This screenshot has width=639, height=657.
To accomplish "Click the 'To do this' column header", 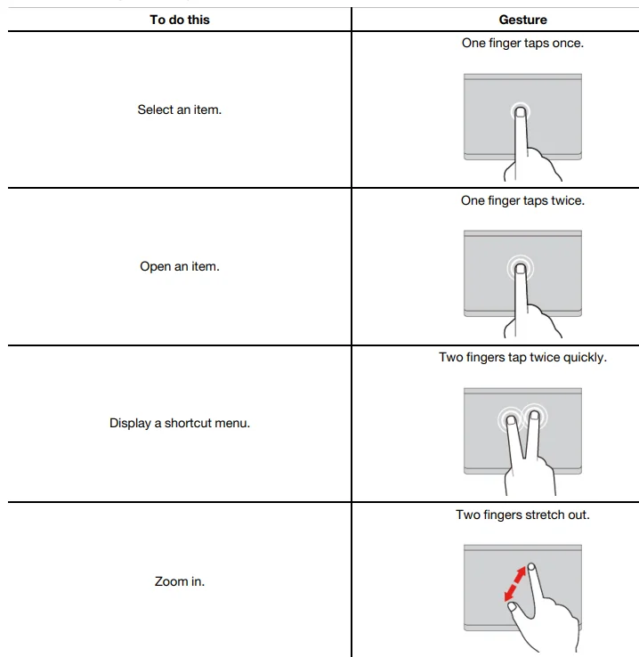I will tap(180, 20).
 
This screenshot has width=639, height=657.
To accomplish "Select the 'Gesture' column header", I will tap(522, 20).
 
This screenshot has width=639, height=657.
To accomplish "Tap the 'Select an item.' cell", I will tap(180, 110).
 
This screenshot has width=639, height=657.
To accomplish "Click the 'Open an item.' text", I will tap(180, 266).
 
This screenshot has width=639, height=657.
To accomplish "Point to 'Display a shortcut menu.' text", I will tap(180, 423).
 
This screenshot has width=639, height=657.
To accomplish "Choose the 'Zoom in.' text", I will tap(180, 581).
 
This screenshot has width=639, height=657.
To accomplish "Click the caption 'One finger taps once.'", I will tap(522, 43).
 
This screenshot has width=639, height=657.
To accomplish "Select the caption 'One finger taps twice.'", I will tap(522, 200).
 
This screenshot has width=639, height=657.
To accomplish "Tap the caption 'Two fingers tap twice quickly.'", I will tap(522, 357).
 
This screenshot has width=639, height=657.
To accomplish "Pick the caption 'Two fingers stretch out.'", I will tap(522, 515).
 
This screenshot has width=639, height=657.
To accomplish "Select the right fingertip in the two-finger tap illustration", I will tap(534, 414).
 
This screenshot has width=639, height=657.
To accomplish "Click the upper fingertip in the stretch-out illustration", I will tap(531, 566).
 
